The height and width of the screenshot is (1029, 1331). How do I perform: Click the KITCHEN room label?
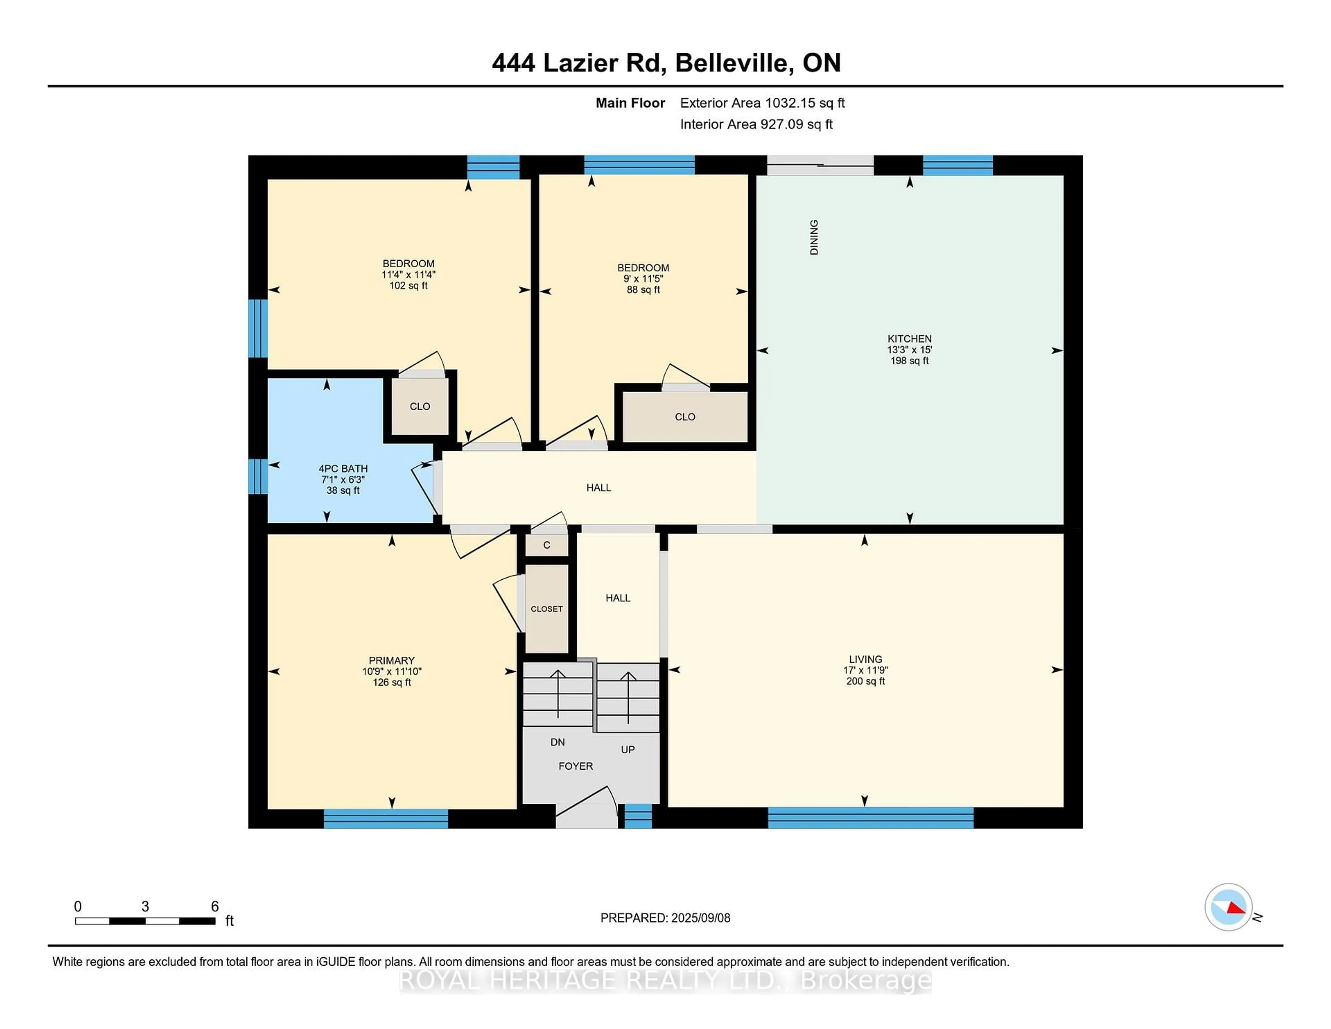click(909, 338)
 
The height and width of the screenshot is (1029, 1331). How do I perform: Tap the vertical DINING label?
click(814, 237)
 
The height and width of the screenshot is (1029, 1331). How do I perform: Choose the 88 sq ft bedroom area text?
click(643, 289)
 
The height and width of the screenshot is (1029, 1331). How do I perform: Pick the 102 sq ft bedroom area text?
click(408, 285)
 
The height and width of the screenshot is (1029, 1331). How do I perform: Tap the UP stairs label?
click(628, 749)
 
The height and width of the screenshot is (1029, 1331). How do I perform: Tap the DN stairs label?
click(557, 742)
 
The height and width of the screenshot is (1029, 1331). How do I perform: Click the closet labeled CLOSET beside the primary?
click(547, 608)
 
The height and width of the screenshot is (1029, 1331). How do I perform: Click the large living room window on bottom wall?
click(870, 818)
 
